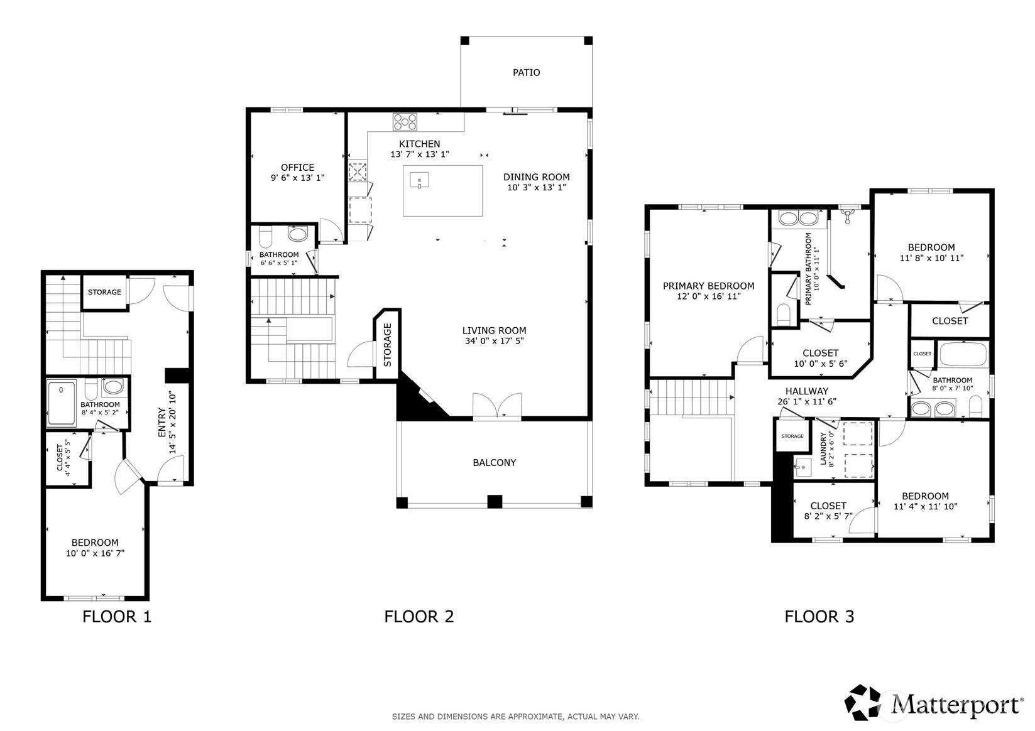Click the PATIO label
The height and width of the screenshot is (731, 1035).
tap(526, 72)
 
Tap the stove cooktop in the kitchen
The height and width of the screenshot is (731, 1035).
tap(405, 122)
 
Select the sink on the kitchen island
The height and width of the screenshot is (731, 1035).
tap(419, 180)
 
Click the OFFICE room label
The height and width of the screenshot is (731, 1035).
tap(298, 167)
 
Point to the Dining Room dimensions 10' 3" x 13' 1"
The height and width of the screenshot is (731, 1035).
tap(537, 188)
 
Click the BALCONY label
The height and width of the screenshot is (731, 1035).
tap(495, 463)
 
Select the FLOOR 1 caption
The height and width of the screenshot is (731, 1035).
tap(117, 617)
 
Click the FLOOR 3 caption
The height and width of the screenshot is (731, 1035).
tap(819, 617)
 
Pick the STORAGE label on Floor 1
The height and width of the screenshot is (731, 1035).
tap(104, 292)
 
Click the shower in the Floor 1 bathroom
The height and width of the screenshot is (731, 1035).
tap(62, 403)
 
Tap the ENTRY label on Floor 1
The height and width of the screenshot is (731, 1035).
tap(162, 423)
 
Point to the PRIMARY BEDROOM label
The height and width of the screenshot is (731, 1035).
tap(708, 286)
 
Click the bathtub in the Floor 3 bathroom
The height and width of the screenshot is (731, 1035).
tap(964, 354)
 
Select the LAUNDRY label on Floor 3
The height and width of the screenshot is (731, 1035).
tap(823, 449)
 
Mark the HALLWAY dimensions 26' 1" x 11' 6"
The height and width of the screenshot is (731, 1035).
tap(807, 402)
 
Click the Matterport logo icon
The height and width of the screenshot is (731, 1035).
tap(863, 702)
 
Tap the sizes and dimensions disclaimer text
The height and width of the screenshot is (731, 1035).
tap(516, 717)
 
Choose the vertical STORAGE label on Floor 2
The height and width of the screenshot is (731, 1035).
tap(387, 345)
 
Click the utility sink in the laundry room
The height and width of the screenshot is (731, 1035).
tap(803, 467)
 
